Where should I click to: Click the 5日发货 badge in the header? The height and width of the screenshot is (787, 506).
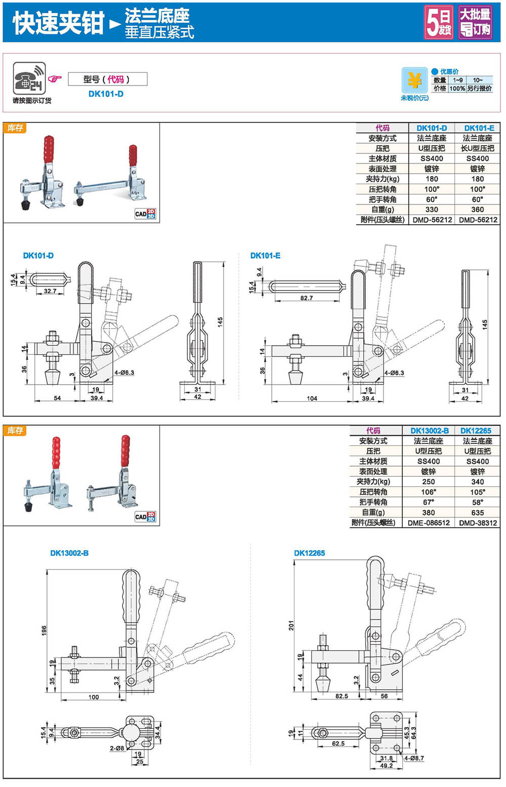(x=438, y=22)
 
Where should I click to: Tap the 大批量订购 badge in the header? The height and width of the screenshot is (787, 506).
(x=475, y=22)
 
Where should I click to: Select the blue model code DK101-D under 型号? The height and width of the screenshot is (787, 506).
(x=106, y=94)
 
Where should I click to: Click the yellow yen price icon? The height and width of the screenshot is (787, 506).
(x=414, y=80)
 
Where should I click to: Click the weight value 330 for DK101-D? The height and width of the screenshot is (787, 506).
(x=432, y=210)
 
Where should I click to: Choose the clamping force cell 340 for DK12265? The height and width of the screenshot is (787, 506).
(x=477, y=482)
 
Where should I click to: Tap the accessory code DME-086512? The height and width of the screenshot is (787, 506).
(x=429, y=523)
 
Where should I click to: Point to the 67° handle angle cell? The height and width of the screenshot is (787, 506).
(x=429, y=502)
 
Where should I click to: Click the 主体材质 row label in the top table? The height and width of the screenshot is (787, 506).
(x=383, y=158)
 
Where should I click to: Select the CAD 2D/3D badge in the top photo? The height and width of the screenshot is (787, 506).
(x=145, y=214)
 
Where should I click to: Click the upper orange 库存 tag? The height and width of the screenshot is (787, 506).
(x=15, y=128)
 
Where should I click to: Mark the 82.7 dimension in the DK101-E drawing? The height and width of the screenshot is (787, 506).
(x=306, y=298)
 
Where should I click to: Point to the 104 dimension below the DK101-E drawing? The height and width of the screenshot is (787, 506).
(x=312, y=398)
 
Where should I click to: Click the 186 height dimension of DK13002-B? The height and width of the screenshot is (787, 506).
(x=44, y=630)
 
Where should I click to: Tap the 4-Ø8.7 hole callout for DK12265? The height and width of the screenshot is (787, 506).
(x=414, y=758)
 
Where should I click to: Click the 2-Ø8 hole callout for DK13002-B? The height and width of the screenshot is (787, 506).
(x=117, y=748)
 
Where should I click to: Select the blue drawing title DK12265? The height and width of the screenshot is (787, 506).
(x=309, y=553)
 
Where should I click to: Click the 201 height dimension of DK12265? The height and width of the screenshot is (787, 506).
(x=291, y=625)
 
